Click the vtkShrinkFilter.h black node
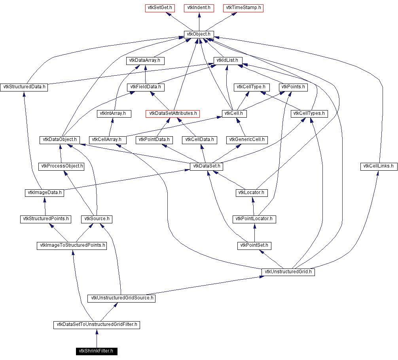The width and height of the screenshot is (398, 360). click(96, 350)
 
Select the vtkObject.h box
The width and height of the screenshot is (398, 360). click(199, 34)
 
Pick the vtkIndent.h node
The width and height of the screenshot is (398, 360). click(199, 8)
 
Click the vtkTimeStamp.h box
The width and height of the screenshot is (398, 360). click(243, 8)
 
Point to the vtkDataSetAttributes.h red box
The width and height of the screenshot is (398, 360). click(172, 113)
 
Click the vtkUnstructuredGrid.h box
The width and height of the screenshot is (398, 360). click(288, 272)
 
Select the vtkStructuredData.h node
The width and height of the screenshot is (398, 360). click(24, 87)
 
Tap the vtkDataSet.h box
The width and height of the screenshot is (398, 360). click(206, 166)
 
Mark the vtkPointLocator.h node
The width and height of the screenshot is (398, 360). click(254, 219)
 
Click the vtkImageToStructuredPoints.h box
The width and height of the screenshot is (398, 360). click(72, 246)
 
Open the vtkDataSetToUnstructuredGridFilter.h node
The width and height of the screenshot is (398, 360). click(97, 325)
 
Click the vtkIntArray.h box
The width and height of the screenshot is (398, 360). click(114, 113)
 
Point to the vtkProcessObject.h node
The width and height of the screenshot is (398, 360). click(61, 166)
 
